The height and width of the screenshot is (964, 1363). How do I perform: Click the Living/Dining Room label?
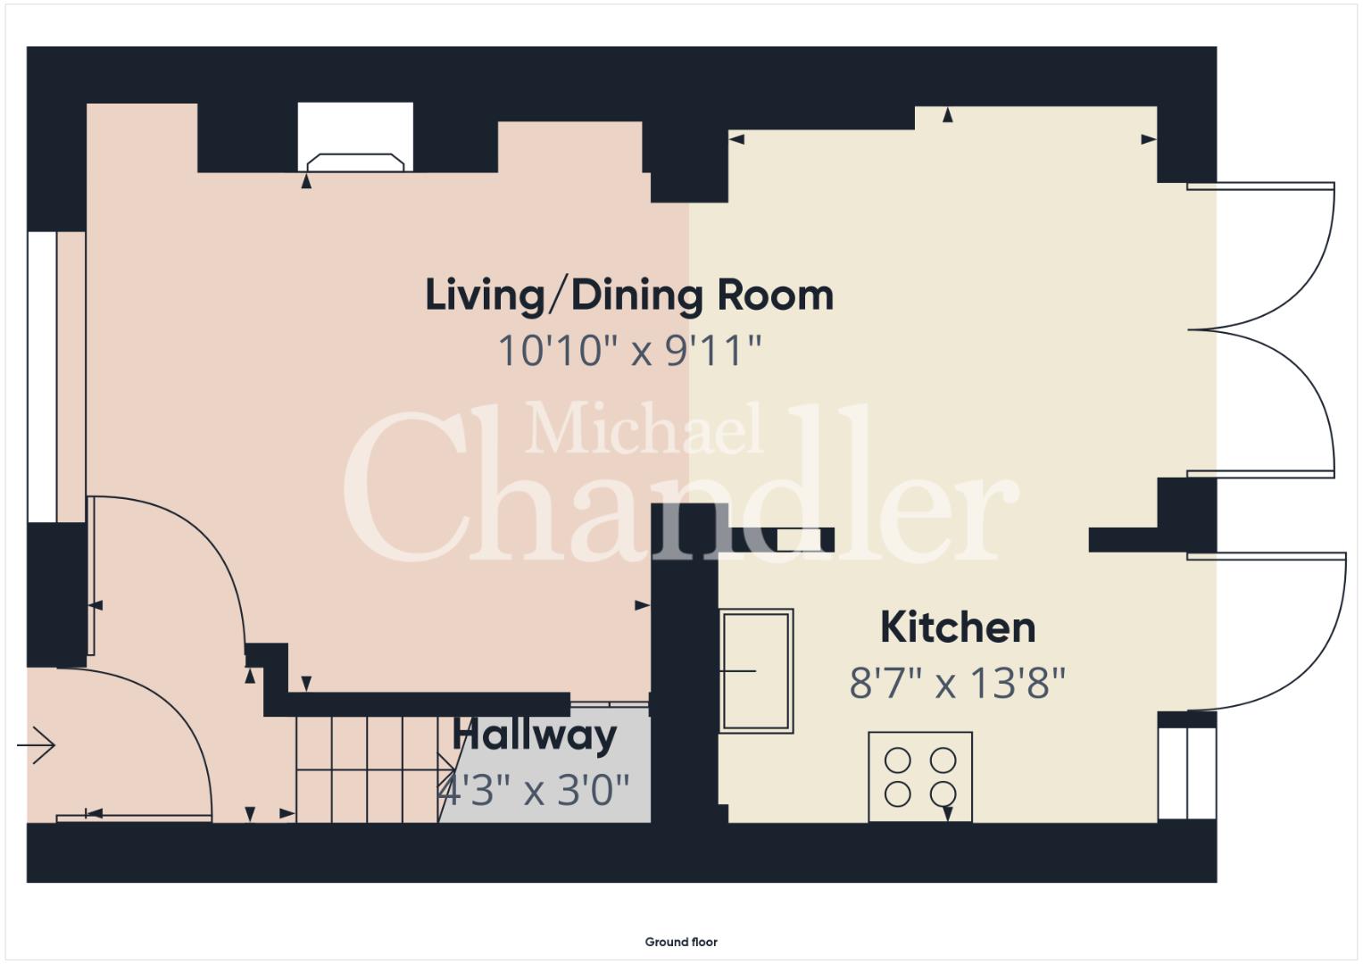pos(629,295)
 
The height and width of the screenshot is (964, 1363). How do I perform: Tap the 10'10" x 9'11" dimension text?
pos(630,351)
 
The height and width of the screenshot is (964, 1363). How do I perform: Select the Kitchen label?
pos(958,627)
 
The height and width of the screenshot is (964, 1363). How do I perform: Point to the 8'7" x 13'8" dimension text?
pos(958,683)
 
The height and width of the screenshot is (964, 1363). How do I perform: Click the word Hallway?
pos(535,735)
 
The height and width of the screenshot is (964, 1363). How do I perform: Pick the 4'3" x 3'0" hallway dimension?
pos(535,790)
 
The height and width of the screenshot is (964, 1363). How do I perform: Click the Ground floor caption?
pos(681,942)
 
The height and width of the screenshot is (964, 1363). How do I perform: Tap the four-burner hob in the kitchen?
pos(920,777)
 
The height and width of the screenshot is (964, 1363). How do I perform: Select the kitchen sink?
pos(756,670)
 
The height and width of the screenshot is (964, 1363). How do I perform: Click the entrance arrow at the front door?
pos(37,745)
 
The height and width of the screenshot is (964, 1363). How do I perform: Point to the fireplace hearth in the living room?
pos(355,162)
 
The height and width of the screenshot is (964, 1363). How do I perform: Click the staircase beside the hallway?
pos(376,769)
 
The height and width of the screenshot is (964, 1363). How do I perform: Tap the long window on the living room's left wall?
pos(42,377)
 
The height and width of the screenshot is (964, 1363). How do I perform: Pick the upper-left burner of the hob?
pos(898,760)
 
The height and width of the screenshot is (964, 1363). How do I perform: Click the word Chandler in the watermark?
pos(682,486)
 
